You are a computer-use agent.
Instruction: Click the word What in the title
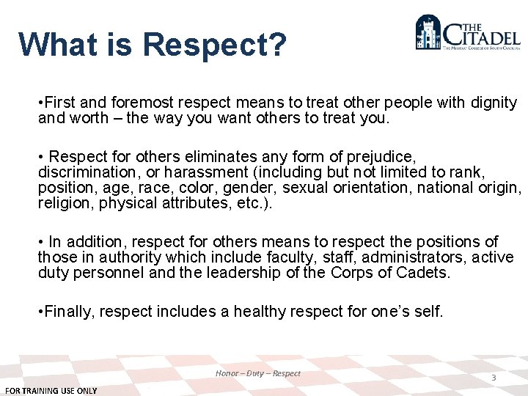coord(56,44)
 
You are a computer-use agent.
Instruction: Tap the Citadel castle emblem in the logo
coord(429,33)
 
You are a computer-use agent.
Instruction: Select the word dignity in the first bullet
coord(493,103)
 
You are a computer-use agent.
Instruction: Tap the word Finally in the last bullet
coord(70,312)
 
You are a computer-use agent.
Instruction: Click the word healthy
coord(260,312)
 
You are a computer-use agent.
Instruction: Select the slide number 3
coord(494,378)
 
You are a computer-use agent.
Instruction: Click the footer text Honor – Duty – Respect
coord(258,373)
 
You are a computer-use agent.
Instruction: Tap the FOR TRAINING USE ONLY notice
coord(51,391)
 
